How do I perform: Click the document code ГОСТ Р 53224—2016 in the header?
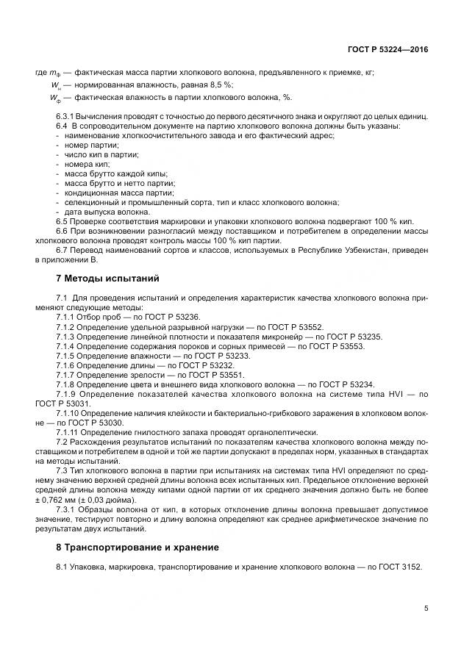coord(387,49)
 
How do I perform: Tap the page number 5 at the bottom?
coord(426,608)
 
